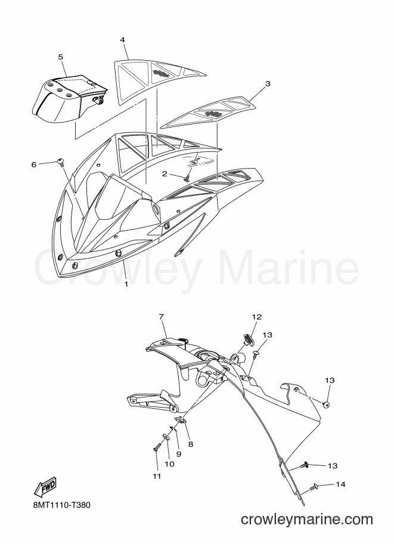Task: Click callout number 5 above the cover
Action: (61, 57)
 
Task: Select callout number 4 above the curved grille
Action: (123, 40)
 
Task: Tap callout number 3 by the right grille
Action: (267, 83)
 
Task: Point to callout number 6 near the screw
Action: (34, 164)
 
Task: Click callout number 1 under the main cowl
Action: (126, 284)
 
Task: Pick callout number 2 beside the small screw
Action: (165, 174)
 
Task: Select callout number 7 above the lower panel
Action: (161, 317)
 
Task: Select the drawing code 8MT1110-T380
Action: (62, 505)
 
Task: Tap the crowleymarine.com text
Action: (306, 520)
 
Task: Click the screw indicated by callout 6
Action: (61, 162)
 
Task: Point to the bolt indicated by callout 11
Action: (157, 447)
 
